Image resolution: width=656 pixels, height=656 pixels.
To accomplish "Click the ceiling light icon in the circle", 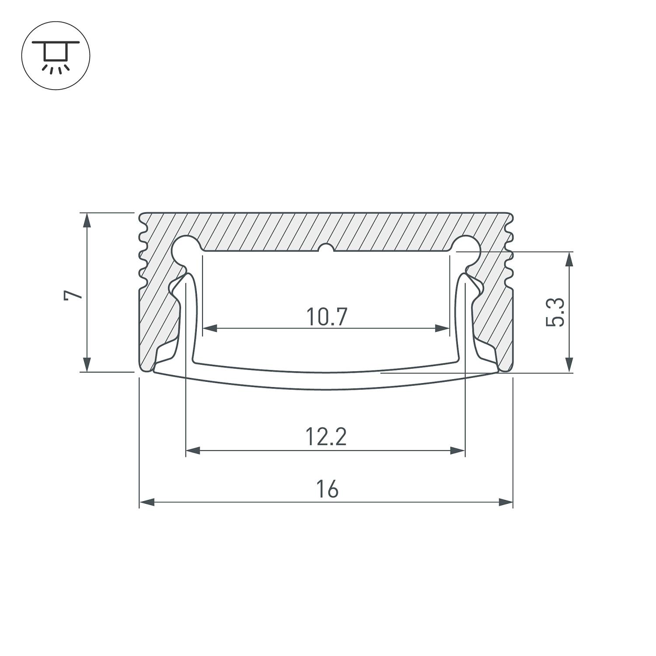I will click(x=56, y=56).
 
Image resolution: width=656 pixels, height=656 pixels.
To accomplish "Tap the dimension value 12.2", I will click(x=326, y=437).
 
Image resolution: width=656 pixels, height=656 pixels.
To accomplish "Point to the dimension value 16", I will click(x=327, y=489).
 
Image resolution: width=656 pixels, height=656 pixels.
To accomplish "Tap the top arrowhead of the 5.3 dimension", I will click(x=569, y=259).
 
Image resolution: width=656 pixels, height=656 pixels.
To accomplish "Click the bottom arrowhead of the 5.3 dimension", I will click(x=569, y=365).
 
